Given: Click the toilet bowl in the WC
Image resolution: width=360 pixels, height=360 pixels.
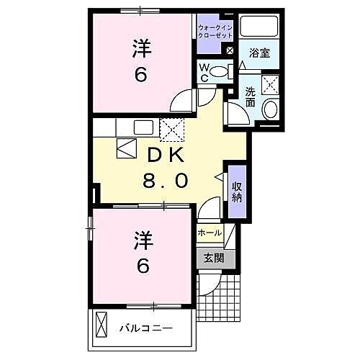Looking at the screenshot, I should click(x=226, y=71).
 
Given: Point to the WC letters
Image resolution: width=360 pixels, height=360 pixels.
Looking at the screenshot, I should click(x=204, y=72).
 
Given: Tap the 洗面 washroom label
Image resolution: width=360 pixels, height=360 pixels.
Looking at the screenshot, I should click(x=249, y=97).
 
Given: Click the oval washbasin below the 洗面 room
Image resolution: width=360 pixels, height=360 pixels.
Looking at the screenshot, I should click(x=270, y=109).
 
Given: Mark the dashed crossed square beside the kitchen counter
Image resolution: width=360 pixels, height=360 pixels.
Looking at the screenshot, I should click(x=171, y=130).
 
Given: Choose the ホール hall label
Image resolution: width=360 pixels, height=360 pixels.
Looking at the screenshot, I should click(x=210, y=233).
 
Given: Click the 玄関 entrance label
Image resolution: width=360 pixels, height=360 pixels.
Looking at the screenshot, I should click(x=212, y=258).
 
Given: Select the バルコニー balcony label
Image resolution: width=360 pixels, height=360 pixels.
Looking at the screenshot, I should click(x=146, y=328).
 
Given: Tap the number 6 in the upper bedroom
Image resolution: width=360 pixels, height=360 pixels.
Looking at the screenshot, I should click(x=142, y=75).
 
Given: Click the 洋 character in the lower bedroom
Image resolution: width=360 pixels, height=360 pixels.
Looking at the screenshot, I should click(x=142, y=238).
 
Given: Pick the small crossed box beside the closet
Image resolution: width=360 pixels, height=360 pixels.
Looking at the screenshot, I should click(x=229, y=51).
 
